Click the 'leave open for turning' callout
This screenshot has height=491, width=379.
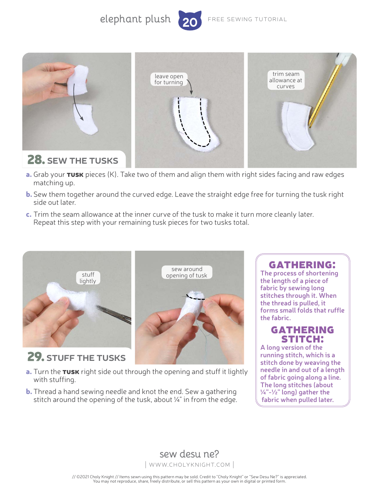169,79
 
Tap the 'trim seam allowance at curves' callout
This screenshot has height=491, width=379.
286,80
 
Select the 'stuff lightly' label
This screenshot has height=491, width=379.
88,277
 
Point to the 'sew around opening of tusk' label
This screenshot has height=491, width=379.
187,272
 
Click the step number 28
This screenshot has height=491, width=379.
35,160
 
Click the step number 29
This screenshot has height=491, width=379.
35,356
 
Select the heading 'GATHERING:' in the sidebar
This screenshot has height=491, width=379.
302,265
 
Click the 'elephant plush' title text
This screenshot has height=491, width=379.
135,19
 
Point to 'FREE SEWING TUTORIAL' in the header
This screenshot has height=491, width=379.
247,19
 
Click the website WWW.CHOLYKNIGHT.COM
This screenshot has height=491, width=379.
189,464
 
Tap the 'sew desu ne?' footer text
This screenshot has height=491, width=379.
189,454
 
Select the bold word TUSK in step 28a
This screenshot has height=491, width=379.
75,175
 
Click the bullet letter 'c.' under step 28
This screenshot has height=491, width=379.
29,214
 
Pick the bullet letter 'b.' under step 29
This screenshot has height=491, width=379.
29,392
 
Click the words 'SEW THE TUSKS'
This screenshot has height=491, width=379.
83,161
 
